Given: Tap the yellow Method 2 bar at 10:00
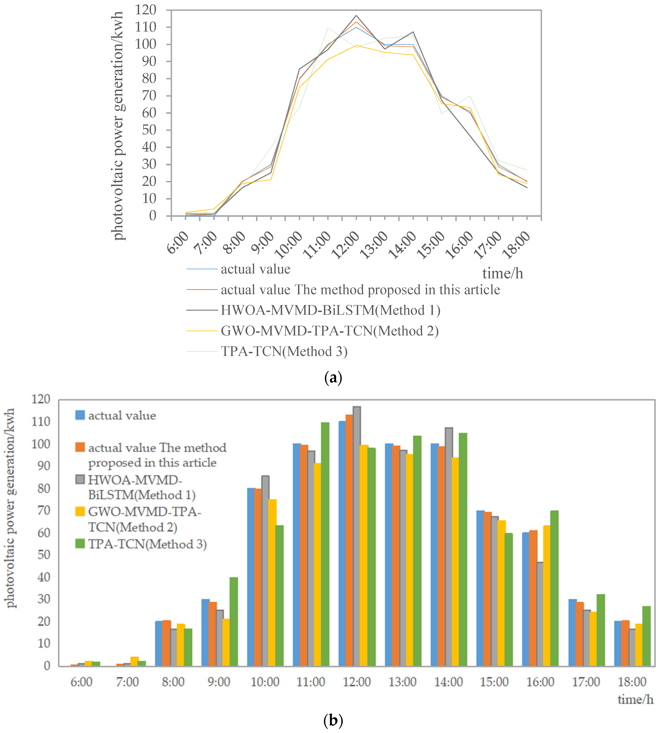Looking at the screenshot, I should point(272,583).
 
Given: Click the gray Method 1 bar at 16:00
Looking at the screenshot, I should point(540,615).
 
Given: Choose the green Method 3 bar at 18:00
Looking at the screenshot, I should point(646,636).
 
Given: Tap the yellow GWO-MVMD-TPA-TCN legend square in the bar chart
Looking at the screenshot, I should point(80,512).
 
